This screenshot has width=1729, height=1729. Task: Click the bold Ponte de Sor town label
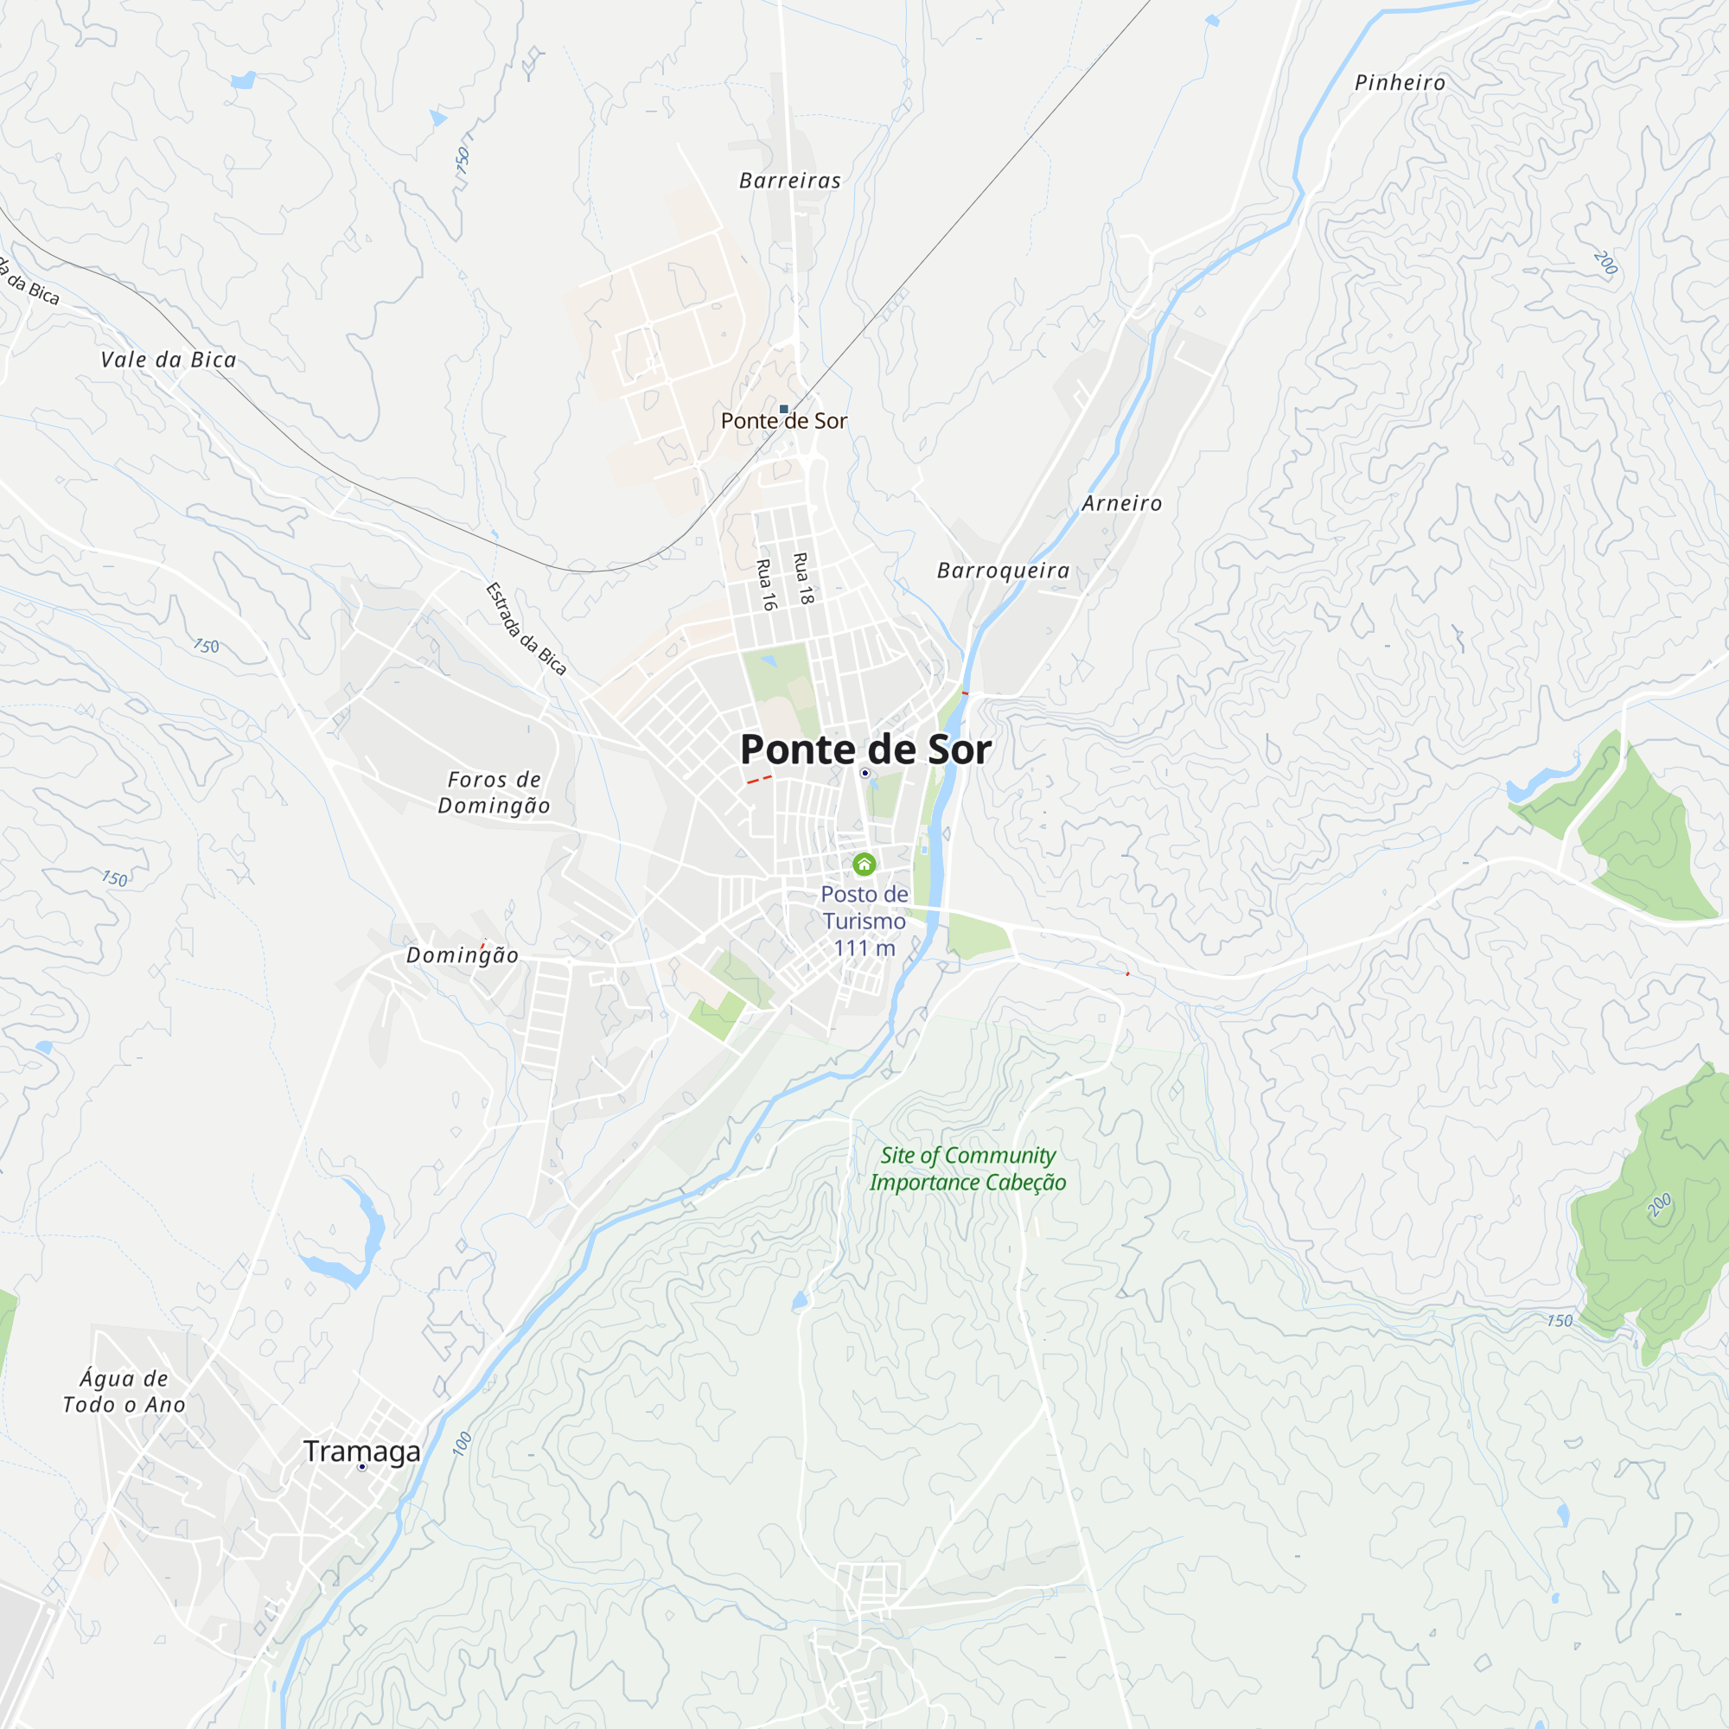865,749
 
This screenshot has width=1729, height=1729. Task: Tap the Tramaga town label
361,1451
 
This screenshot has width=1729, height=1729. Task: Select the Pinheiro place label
1400,82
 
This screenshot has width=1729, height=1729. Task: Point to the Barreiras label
790,181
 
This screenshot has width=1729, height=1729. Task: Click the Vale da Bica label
169,360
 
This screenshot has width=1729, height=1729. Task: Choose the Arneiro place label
1122,503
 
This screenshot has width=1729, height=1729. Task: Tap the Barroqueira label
1003,570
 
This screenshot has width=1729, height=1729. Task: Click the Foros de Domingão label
494,792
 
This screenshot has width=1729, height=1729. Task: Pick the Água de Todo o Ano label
124,1392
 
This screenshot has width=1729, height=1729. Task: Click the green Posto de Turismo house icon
864,864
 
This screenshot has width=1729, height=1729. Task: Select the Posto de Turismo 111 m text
864,921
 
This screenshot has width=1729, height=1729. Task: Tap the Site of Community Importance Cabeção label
967,1169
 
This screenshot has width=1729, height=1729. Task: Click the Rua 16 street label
765,584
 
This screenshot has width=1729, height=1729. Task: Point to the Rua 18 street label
804,578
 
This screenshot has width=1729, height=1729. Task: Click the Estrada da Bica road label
526,628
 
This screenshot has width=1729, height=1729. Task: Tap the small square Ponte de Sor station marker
784,409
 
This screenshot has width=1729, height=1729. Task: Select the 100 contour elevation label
462,1444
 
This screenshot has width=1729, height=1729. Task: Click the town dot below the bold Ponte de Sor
864,773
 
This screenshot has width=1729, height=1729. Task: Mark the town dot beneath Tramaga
361,1467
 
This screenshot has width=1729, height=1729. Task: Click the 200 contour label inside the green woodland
1659,1205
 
